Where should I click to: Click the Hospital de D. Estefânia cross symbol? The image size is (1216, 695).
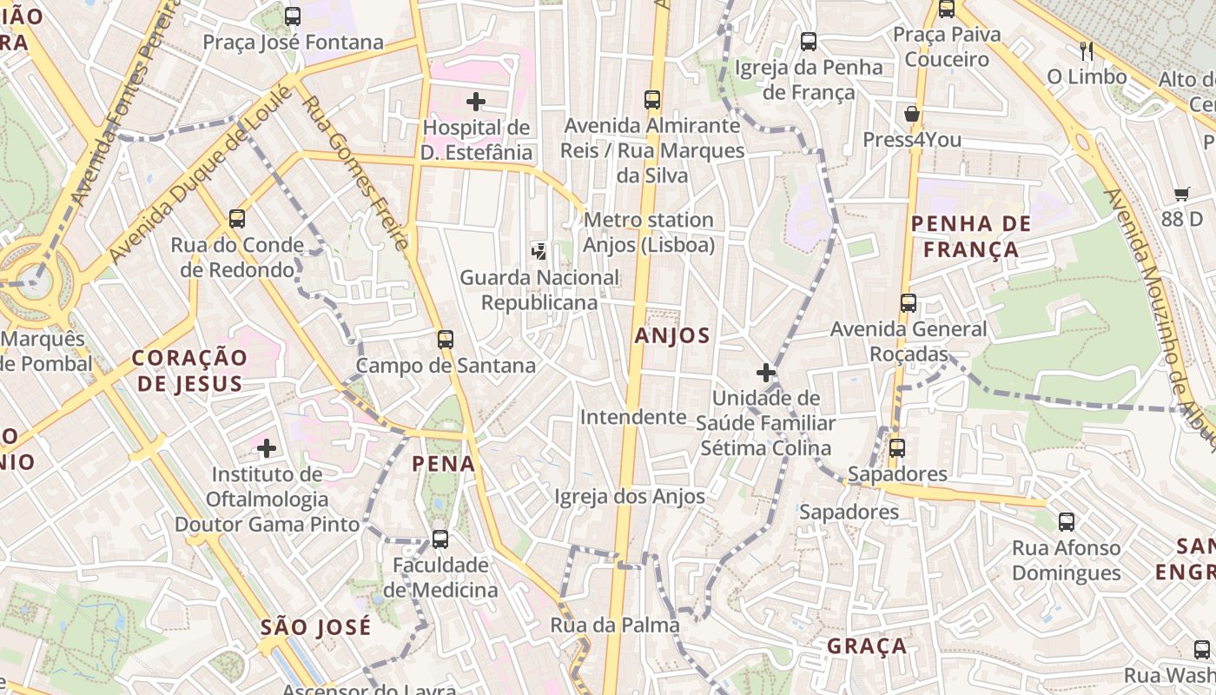click(475, 102)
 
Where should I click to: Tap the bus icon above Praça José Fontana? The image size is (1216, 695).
click(293, 16)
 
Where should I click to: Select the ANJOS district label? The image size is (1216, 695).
click(672, 335)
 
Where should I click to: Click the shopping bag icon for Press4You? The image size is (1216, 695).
click(912, 114)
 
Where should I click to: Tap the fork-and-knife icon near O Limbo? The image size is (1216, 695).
click(1086, 50)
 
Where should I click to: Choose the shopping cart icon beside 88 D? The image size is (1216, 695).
click(1181, 194)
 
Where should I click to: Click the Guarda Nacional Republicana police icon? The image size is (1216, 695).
click(539, 252)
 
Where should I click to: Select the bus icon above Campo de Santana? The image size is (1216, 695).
click(446, 339)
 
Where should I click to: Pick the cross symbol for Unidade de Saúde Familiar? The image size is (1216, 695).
click(765, 373)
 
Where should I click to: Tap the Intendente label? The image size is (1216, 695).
click(633, 417)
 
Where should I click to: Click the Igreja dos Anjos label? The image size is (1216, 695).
click(630, 496)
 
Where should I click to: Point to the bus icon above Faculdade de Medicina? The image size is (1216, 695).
click(440, 539)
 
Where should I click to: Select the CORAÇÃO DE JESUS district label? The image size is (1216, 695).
click(189, 370)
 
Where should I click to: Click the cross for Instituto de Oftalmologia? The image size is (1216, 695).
click(267, 448)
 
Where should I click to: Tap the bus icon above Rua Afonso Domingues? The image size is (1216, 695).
click(1067, 521)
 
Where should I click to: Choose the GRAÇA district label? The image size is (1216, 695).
click(867, 645)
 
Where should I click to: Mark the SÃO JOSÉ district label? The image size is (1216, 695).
click(315, 626)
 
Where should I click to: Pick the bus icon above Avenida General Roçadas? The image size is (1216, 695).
click(909, 303)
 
